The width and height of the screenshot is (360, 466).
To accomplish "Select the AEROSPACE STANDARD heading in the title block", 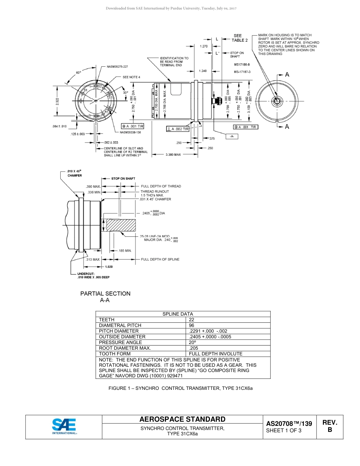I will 182,419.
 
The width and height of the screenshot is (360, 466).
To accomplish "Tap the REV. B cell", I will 329,426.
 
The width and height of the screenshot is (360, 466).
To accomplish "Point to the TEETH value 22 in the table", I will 191,320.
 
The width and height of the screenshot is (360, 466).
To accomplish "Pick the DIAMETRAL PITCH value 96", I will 191,325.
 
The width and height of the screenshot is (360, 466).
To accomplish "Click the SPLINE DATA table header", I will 178,314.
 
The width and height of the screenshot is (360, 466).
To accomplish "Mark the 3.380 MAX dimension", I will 173,155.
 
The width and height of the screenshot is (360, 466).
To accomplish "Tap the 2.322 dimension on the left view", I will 57,102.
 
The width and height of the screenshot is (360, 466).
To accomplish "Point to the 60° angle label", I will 78,72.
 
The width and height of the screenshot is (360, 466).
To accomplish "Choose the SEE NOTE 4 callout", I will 131,77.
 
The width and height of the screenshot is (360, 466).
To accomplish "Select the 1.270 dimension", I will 203,46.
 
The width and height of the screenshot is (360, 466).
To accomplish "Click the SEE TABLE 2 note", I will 239,38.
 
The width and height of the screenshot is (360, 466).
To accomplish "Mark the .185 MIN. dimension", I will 125,251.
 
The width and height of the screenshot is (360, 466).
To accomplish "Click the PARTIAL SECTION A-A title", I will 105,297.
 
